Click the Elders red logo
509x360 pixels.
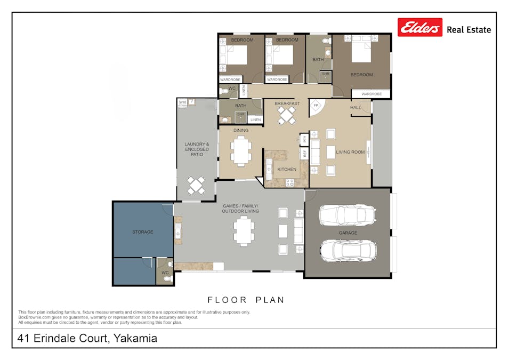click(x=420, y=27)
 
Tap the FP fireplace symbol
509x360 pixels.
click(x=316, y=106)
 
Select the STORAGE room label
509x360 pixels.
click(x=142, y=232)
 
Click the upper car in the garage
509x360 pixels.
click(x=348, y=215)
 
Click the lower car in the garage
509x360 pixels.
click(x=348, y=250)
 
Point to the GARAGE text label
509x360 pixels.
click(x=348, y=233)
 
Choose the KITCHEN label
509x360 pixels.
click(x=287, y=170)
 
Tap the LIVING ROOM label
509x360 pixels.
click(x=350, y=152)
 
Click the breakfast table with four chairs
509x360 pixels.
click(x=287, y=115)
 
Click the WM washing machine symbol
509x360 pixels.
click(x=182, y=102)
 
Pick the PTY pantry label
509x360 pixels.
click(x=304, y=139)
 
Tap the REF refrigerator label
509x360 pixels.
click(x=304, y=154)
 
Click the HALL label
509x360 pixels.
click(x=356, y=107)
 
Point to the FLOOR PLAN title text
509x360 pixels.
click(x=246, y=300)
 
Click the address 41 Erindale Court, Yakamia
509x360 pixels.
click(x=87, y=338)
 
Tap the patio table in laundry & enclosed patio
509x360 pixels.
click(x=196, y=185)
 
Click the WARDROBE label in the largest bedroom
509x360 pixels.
click(x=371, y=94)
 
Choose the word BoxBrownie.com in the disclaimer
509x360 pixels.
click(x=35, y=317)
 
